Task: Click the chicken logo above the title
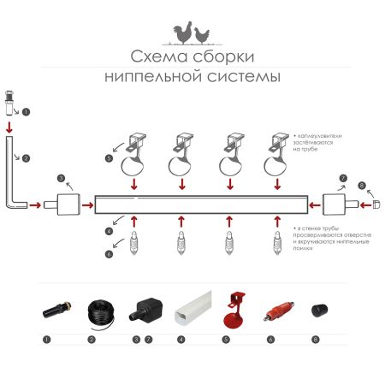pos(192,33)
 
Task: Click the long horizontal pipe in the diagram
pos(200,204)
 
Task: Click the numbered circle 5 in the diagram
pos(109,158)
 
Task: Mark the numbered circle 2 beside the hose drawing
pos(26,158)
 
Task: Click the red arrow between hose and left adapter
pos(36,205)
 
